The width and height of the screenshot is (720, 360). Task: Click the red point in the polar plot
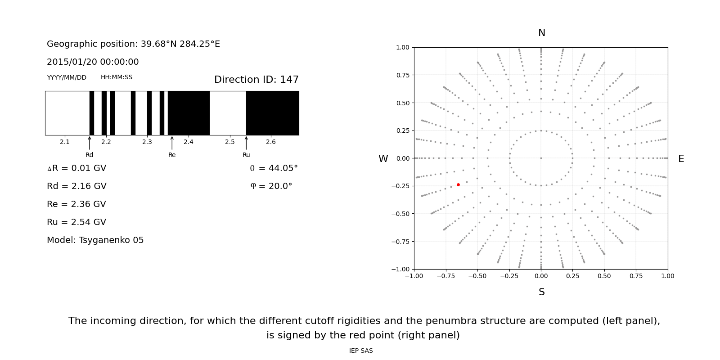[x=458, y=184]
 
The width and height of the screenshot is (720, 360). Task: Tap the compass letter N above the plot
[x=541, y=33]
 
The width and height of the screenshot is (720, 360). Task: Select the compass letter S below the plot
[x=541, y=292]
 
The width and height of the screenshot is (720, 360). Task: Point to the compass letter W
[x=383, y=159]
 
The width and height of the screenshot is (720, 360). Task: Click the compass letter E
[x=681, y=159]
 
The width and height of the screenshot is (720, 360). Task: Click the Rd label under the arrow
[x=90, y=155]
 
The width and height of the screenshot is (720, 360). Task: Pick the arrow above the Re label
[x=172, y=143]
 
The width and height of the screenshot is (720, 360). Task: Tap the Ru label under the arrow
[x=246, y=155]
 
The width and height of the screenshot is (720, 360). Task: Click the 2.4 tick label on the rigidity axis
[x=189, y=142]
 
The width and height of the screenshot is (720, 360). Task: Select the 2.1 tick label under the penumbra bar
[x=65, y=142]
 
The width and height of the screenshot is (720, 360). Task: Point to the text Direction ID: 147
[x=256, y=80]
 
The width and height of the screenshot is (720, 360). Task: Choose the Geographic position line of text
[x=133, y=44]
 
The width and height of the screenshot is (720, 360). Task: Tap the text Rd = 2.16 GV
[x=76, y=186]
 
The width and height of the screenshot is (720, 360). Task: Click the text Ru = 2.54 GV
[x=76, y=222]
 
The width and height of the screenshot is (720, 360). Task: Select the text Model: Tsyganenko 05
[x=95, y=240]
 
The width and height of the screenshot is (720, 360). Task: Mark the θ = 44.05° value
[x=274, y=168]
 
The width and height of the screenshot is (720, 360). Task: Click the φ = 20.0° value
[x=271, y=186]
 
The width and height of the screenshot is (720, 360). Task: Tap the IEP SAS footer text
[x=361, y=351]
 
